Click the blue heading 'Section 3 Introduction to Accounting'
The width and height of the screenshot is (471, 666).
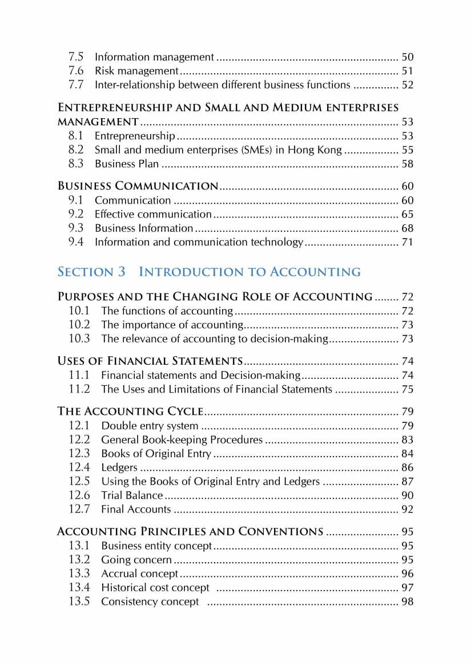[x=209, y=272]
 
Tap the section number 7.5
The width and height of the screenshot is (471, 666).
[x=76, y=57]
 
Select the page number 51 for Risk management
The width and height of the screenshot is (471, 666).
[x=407, y=71]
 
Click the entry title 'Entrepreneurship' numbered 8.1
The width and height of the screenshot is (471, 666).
[x=135, y=136]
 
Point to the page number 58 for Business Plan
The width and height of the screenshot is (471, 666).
[x=407, y=164]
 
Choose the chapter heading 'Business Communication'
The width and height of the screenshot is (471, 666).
[x=138, y=186]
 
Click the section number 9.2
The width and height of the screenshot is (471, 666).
[x=76, y=214]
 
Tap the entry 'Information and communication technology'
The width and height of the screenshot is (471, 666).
[x=199, y=242]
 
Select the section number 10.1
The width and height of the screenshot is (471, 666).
[x=79, y=311]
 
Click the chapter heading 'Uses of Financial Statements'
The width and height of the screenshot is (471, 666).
[x=151, y=361]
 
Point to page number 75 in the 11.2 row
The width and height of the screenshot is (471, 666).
[x=407, y=389]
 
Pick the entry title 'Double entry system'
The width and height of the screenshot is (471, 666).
[x=150, y=426]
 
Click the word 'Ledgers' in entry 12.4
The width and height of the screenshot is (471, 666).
[x=119, y=468]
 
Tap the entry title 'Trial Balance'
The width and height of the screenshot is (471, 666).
[x=132, y=495]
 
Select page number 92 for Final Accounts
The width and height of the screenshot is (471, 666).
[x=407, y=510]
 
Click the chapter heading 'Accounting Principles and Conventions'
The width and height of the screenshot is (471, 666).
[x=190, y=532]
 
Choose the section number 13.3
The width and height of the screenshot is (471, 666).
[x=79, y=574]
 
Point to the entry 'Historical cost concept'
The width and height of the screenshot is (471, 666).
[x=155, y=588]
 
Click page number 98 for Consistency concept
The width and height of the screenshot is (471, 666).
[x=407, y=602]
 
